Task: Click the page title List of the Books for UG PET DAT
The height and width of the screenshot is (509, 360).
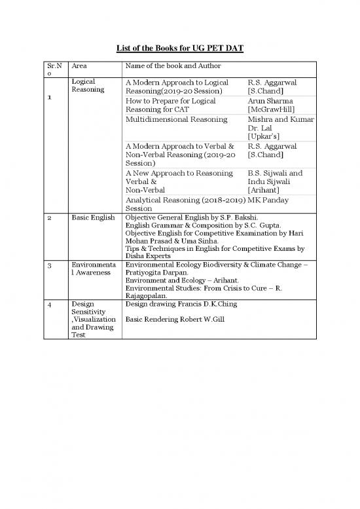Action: [x=180, y=48]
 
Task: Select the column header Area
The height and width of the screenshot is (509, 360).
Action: [x=79, y=67]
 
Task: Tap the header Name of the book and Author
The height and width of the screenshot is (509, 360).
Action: [x=173, y=67]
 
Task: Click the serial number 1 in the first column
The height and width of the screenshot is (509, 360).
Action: [x=50, y=98]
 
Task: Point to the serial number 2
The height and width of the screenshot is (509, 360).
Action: [x=50, y=217]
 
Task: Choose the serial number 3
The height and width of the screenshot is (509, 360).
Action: [x=50, y=265]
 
